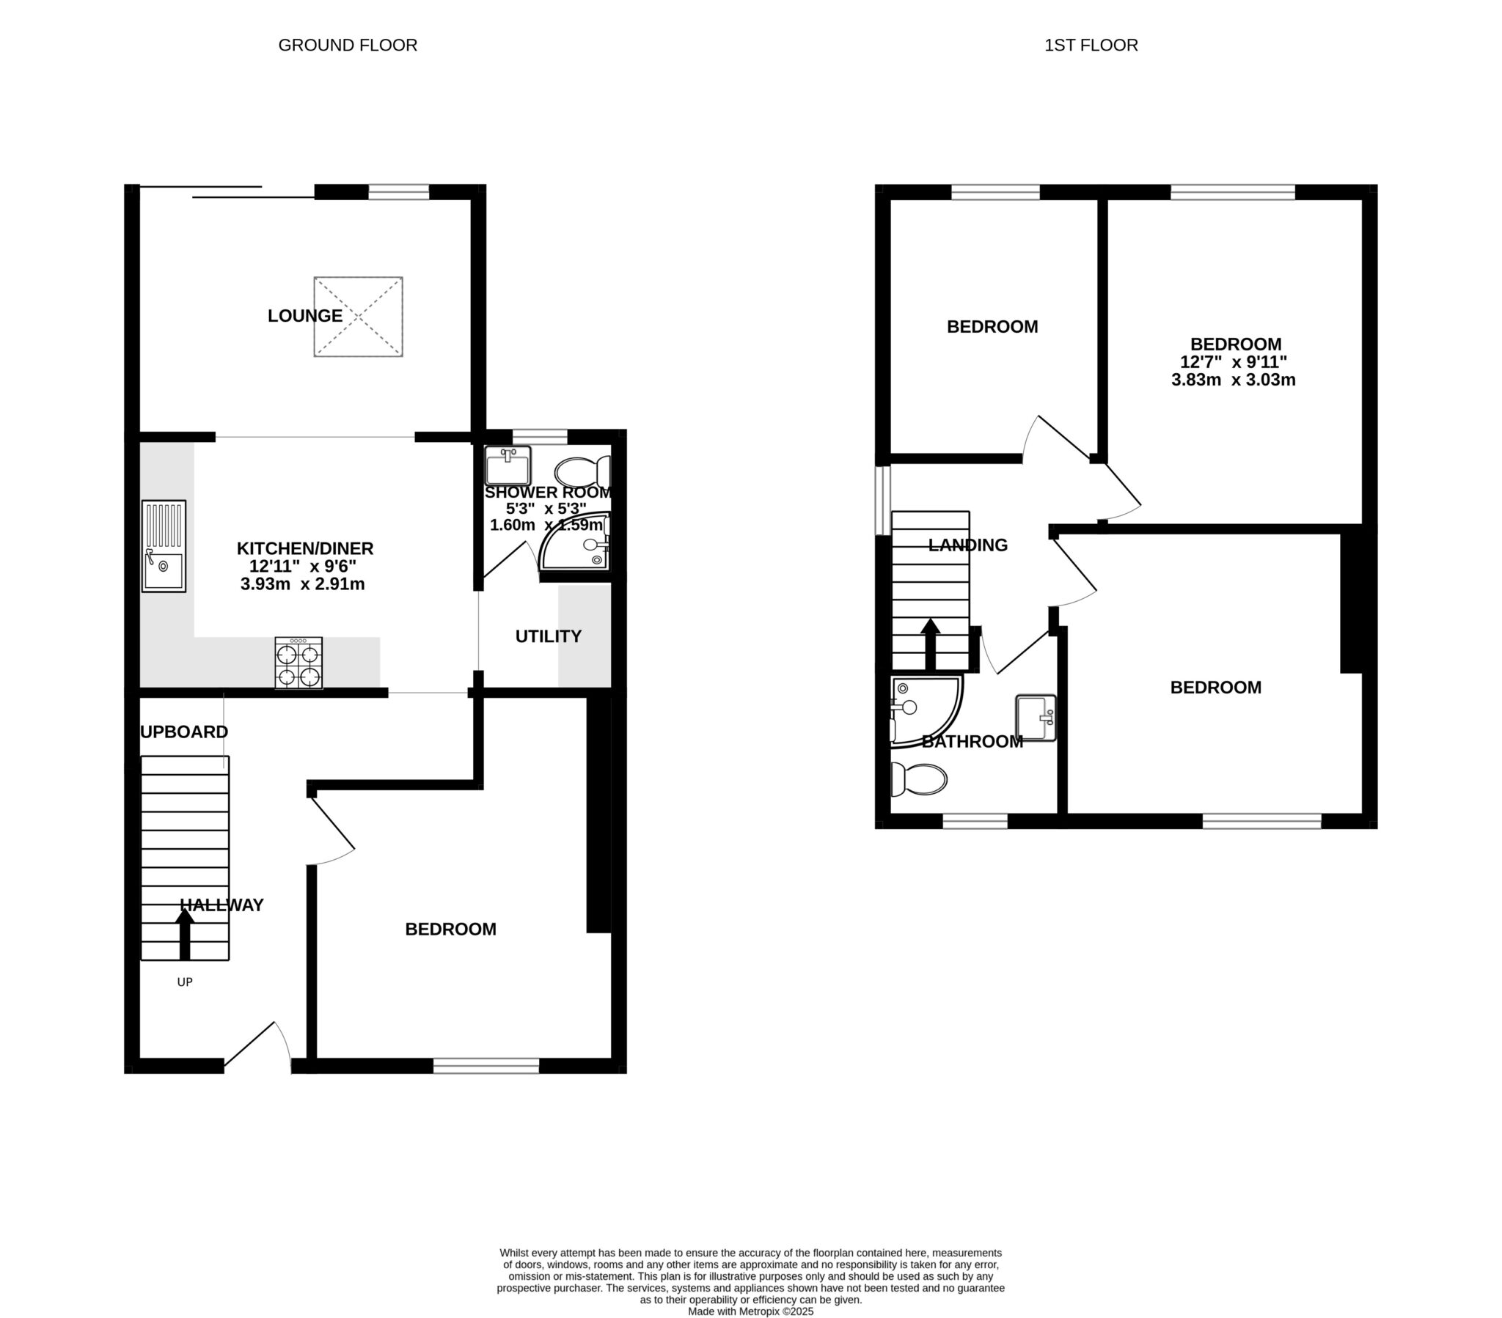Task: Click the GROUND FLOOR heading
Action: pos(348,45)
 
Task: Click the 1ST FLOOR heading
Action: pos(1091,45)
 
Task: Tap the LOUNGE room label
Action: pos(304,316)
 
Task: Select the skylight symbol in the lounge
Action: pos(358,317)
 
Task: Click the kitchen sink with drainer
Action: pos(163,546)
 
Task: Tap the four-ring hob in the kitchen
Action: pos(298,663)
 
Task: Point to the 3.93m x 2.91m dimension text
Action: pos(302,585)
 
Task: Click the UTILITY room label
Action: pos(548,636)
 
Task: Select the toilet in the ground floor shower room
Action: pos(582,470)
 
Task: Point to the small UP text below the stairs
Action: pos(184,982)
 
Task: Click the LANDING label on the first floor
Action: pos(967,545)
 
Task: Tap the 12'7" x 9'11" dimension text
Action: pos(1234,362)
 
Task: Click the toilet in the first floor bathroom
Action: pos(917,779)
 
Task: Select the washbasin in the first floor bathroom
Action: pos(1036,718)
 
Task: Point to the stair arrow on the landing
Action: pos(930,644)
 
